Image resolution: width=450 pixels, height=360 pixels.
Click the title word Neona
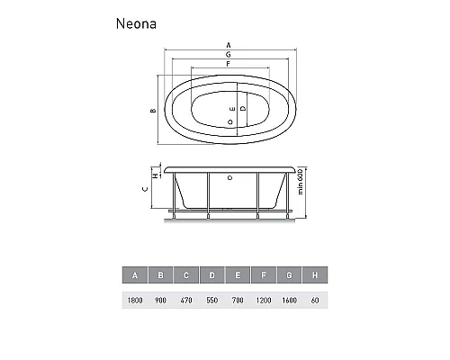coord(137,24)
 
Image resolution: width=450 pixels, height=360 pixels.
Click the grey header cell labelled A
coord(135,274)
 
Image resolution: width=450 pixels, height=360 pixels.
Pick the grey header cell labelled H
coord(315,274)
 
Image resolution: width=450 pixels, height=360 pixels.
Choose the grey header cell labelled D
coord(212,274)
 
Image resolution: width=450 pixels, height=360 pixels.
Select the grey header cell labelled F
coord(264,274)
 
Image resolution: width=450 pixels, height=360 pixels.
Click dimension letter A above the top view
coord(229,45)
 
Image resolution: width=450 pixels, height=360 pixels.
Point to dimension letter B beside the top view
coord(154,111)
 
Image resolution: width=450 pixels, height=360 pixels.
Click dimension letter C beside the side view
coord(147,190)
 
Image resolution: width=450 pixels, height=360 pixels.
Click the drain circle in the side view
coord(230,178)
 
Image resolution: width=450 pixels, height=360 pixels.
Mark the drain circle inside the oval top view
coord(231,120)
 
